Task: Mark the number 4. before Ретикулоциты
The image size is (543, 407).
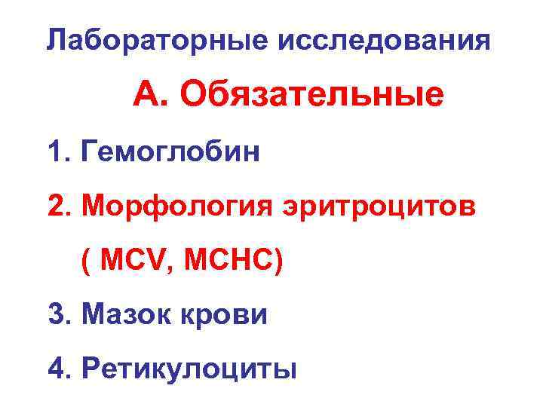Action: point(58,369)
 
